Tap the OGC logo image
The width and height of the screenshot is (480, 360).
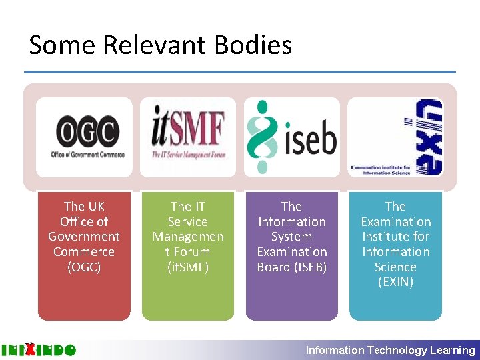[84, 137]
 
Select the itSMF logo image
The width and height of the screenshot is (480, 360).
[188, 137]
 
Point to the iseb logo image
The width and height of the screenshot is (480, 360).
[292, 137]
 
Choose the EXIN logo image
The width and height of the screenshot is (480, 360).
[396, 137]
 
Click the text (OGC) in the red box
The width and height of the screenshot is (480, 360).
[84, 267]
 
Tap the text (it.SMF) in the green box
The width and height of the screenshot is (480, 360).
[188, 267]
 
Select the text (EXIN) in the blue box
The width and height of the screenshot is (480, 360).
[396, 282]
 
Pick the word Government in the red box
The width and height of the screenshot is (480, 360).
[84, 237]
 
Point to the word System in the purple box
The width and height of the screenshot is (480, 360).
[292, 237]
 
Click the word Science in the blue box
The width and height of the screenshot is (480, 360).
[396, 267]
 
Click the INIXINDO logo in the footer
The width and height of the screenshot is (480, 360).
[38, 349]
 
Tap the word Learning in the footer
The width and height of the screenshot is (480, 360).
[453, 350]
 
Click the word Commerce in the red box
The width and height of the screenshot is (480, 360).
[84, 252]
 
